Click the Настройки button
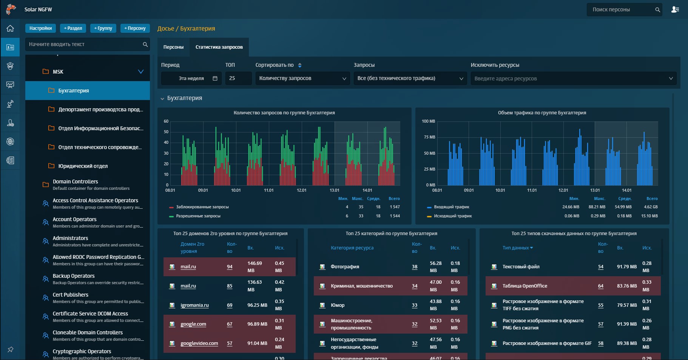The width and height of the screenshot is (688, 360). point(40,28)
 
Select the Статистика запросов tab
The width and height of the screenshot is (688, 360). point(219,47)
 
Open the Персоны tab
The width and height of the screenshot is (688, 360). point(173,47)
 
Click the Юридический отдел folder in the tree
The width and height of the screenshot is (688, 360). point(83,166)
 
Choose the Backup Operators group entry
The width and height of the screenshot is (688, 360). point(74,276)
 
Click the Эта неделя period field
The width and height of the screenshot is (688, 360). point(191,78)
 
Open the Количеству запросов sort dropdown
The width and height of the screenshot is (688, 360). point(302,78)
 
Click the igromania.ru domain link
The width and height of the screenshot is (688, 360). point(194,305)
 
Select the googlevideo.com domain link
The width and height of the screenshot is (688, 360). point(199,343)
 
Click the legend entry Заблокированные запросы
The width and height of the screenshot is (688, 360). point(202,207)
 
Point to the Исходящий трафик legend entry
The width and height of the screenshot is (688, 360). point(452,216)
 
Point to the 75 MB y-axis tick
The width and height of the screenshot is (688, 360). point(429,137)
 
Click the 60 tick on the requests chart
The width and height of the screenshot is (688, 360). point(166,122)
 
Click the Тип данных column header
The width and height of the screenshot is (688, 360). point(517,248)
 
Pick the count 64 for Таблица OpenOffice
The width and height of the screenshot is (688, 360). point(600,286)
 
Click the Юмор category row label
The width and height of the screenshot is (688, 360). point(338,305)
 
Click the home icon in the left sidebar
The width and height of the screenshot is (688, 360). point(10,28)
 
